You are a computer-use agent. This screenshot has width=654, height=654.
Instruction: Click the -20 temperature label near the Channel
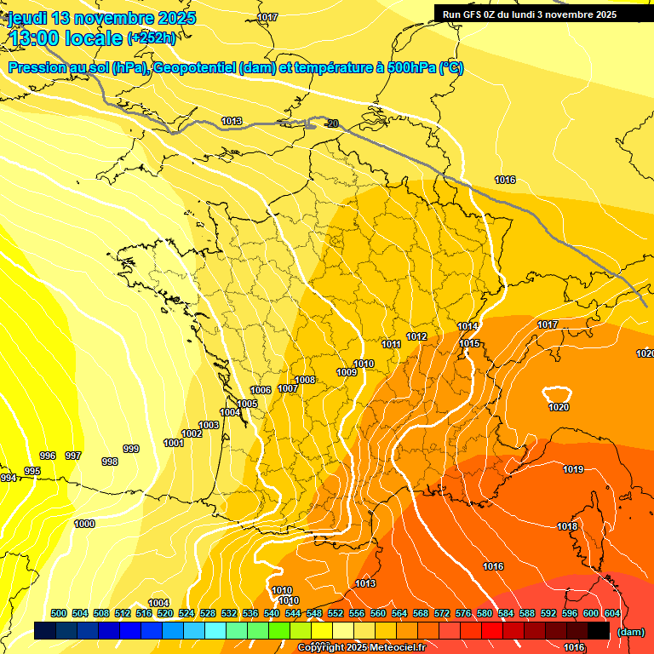click(332, 124)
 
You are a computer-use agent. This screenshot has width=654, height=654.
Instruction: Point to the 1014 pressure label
click(468, 326)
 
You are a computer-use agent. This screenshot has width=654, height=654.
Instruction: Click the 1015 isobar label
click(470, 343)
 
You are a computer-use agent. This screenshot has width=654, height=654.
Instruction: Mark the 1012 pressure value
click(416, 336)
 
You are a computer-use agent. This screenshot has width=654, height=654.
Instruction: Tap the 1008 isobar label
click(305, 380)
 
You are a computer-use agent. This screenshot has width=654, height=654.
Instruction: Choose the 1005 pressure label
click(247, 404)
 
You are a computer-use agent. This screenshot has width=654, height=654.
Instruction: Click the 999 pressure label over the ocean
click(131, 449)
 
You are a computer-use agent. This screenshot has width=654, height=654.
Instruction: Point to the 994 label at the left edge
click(8, 479)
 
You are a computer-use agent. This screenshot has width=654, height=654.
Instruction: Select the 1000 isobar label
click(84, 524)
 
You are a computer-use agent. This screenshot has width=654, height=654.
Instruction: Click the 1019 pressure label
click(573, 469)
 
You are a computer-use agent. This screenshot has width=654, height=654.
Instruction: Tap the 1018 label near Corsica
click(567, 526)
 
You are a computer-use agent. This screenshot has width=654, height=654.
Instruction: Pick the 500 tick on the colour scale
click(59, 613)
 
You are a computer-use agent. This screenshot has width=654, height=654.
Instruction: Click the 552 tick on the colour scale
click(336, 613)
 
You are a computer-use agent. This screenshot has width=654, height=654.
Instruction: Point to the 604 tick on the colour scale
click(611, 613)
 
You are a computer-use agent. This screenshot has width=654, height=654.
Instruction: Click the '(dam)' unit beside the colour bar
click(631, 631)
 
